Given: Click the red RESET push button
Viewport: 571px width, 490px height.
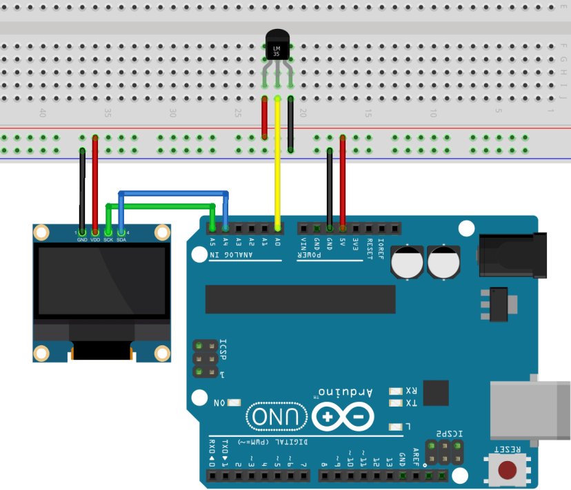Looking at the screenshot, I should pos(508,471).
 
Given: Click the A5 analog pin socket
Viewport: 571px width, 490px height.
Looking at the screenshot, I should pos(212,227).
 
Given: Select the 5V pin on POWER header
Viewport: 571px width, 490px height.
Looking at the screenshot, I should pos(342,227).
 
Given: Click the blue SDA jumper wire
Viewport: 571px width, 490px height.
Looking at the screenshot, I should pos(172,193).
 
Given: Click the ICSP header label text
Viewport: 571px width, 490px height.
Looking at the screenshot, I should pos(223,354).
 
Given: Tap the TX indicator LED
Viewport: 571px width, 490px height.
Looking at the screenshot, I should pos(395,403).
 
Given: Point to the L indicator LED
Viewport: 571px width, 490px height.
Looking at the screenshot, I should pos(395,427).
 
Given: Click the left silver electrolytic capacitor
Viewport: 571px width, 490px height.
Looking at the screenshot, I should pos(408,262).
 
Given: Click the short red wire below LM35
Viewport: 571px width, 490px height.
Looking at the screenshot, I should pos(265,117).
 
